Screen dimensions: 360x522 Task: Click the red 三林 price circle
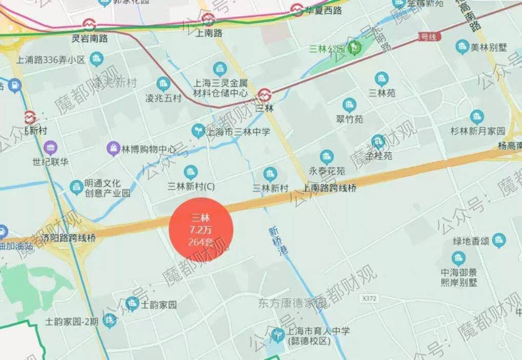point(201,229)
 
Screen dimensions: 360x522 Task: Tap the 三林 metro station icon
point(265,94)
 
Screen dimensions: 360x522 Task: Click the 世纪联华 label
point(50,163)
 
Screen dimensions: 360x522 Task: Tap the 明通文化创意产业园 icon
point(77,187)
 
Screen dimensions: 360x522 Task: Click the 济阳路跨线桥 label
point(70,238)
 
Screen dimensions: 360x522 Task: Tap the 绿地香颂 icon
point(499,239)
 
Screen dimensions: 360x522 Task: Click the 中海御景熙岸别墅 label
point(458,277)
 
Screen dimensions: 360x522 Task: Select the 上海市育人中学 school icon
point(277,335)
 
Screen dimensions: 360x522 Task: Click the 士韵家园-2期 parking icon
point(109,322)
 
